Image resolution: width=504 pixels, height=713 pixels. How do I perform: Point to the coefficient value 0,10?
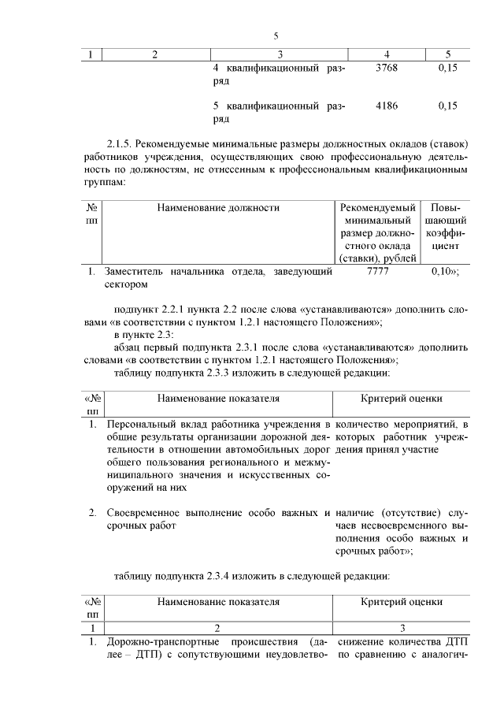tap(445, 271)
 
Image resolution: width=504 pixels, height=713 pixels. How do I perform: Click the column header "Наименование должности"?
tap(218, 208)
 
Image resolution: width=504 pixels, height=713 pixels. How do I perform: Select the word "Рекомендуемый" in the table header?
tap(378, 208)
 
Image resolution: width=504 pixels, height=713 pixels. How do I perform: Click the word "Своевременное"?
tap(145, 513)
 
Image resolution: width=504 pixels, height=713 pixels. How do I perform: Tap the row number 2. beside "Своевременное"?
tap(92, 513)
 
